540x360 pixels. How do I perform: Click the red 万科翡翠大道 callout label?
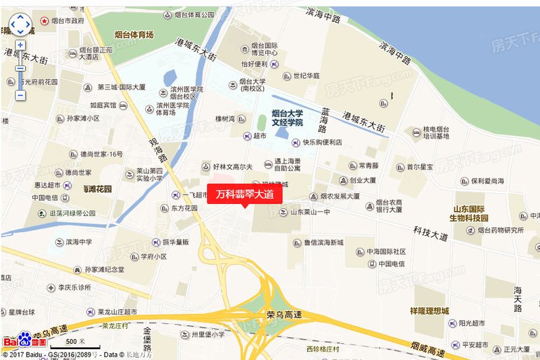(x=244, y=194)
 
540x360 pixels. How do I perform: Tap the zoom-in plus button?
(x=20, y=45)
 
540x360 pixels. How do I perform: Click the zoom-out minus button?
(x=20, y=95)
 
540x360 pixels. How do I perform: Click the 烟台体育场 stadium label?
(x=134, y=34)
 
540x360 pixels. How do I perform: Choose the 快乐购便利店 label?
(x=322, y=143)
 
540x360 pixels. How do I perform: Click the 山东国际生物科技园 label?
(x=478, y=213)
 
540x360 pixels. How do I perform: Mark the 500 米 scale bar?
(x=74, y=342)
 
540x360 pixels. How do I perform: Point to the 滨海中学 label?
(x=82, y=242)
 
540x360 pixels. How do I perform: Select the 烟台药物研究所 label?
(x=500, y=230)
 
